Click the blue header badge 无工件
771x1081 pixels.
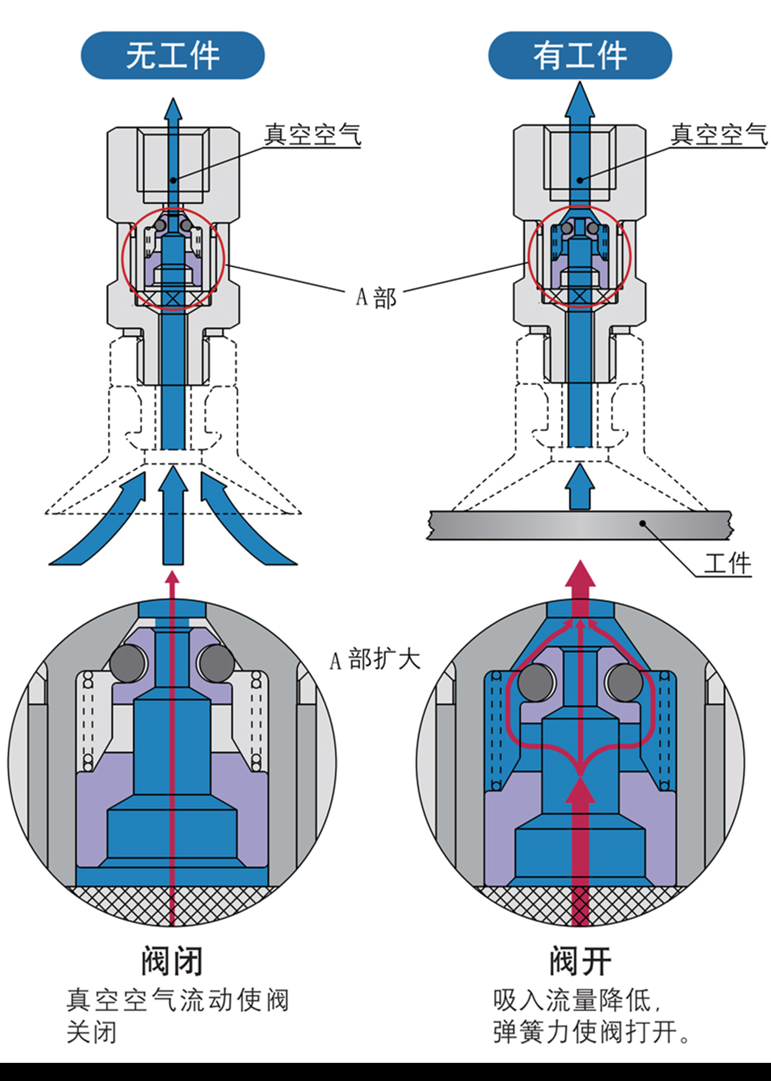pos(172,56)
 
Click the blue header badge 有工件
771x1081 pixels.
pos(580,56)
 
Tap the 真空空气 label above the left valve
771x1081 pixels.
pos(312,135)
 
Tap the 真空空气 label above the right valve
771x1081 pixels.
pos(718,135)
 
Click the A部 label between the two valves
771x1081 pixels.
pos(376,298)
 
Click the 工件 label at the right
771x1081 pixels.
pos(727,563)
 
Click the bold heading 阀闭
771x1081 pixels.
pos(172,961)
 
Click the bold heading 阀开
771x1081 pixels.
pos(580,961)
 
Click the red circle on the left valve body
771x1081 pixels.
pos(123,259)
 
